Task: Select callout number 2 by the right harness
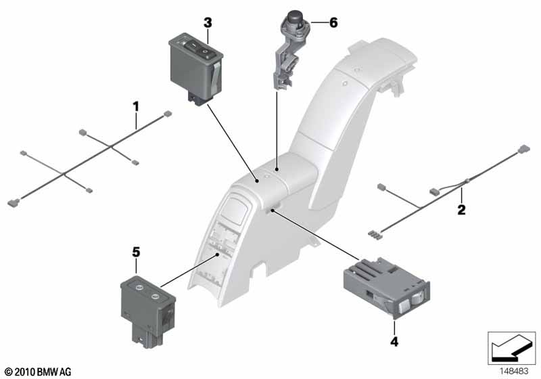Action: [461, 210]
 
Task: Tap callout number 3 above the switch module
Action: [208, 23]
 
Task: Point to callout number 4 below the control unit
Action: [394, 342]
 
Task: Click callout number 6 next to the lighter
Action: [332, 22]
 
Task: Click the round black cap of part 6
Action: [296, 18]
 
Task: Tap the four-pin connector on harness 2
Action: [373, 234]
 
